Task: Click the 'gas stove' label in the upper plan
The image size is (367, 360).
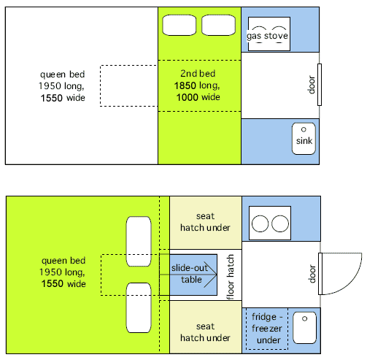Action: coord(267,36)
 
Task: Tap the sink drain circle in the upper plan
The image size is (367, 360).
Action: coord(304,129)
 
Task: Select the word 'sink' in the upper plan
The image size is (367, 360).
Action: coord(304,141)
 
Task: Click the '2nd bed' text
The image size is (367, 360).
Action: coord(198,74)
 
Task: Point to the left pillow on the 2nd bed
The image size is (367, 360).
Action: coord(179,25)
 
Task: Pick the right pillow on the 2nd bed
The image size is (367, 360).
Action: coord(219,25)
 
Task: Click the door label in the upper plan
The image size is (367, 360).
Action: coord(312,85)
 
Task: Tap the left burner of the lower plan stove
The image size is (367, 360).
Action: coord(260,223)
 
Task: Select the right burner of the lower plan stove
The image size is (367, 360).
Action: coord(280,223)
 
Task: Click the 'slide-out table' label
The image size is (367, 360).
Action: coord(190,274)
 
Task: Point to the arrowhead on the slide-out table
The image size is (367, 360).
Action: coord(211,275)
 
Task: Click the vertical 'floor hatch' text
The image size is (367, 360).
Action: coord(230,277)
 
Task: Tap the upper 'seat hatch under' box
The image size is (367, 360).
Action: coord(206,223)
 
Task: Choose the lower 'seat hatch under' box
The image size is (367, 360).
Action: coord(206,327)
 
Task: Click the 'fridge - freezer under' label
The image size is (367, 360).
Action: coord(267,329)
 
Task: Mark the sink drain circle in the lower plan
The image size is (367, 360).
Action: coord(304,318)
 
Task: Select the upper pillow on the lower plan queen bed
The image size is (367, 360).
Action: coord(139,242)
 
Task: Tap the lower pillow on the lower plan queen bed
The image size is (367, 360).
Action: coord(139,307)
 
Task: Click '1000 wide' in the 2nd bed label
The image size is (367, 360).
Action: coord(198,97)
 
